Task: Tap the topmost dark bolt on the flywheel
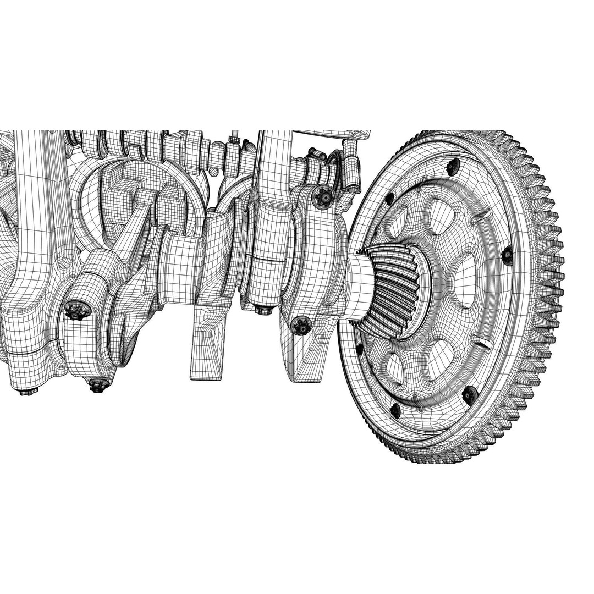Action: pyautogui.click(x=453, y=166)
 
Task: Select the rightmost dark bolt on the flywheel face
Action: pyautogui.click(x=507, y=254)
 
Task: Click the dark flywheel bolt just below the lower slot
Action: pyautogui.click(x=469, y=394)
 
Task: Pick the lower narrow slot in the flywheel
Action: pyautogui.click(x=483, y=344)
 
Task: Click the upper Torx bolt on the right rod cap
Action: pyautogui.click(x=324, y=196)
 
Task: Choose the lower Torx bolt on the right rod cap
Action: pyautogui.click(x=301, y=326)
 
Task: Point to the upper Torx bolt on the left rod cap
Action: pyautogui.click(x=75, y=311)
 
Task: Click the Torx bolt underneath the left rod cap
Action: pyautogui.click(x=97, y=386)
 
